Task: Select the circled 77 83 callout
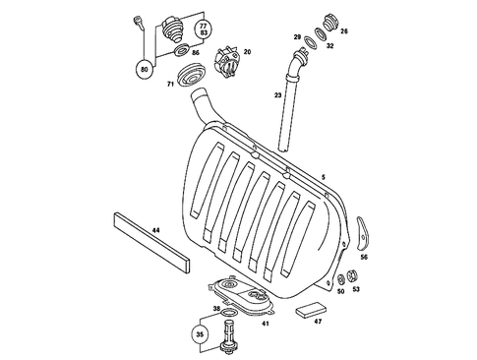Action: (203, 29)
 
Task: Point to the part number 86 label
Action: (197, 51)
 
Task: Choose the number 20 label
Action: (247, 51)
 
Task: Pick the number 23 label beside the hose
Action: (278, 95)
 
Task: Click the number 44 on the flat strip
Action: (154, 231)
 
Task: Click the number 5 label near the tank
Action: (322, 177)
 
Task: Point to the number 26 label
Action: (344, 30)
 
